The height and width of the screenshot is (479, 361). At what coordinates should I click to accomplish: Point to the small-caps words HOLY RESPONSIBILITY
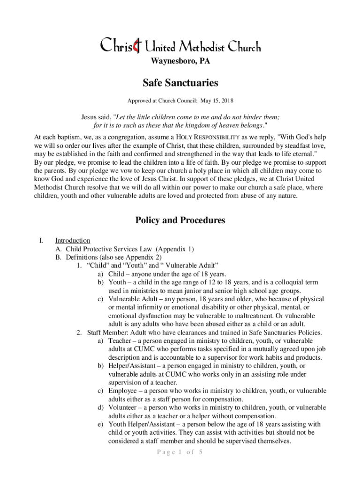[x=207, y=138]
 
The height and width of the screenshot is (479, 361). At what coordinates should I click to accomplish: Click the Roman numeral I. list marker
[x=41, y=241]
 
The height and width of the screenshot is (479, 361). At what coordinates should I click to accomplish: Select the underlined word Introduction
[x=73, y=241]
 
